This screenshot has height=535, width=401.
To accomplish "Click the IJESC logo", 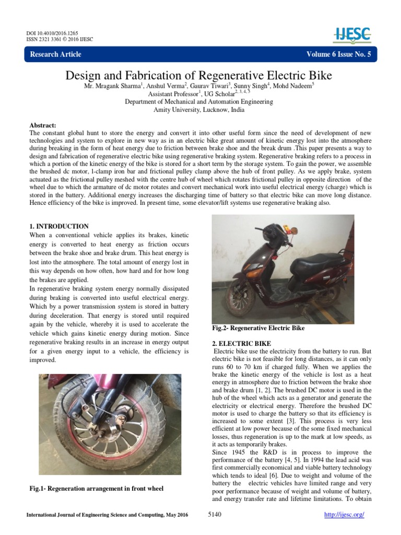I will click(x=352, y=35).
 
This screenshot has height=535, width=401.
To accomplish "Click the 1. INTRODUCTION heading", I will click(x=59, y=226).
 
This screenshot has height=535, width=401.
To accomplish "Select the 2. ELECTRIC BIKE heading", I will click(x=241, y=343).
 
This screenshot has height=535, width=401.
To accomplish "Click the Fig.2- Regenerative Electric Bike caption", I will click(x=258, y=328).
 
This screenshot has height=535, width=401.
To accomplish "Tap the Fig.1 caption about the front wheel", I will click(x=97, y=489).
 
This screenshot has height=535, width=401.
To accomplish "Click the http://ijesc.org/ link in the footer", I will click(x=344, y=515).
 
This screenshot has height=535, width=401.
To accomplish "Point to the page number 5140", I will click(x=215, y=515).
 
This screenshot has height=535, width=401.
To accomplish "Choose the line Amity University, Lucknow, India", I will click(x=198, y=110).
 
